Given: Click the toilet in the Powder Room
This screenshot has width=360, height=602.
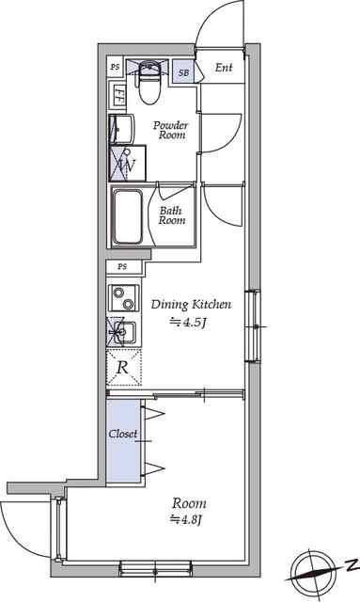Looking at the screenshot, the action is tap(149, 83).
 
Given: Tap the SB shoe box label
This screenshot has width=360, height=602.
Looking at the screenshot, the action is tap(183, 71).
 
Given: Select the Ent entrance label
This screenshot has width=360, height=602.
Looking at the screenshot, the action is tap(224, 68).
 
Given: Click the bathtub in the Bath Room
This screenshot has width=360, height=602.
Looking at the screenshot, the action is tap(128, 217).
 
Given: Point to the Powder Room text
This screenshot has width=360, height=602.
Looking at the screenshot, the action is tap(171, 130).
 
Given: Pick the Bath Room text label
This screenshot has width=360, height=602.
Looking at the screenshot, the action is tap(172, 215).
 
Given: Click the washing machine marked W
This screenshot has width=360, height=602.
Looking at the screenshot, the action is tap(128, 163).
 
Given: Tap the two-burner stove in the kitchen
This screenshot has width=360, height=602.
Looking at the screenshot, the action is tap(123, 297).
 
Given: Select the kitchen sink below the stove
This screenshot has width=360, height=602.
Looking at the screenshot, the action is tap(124, 331).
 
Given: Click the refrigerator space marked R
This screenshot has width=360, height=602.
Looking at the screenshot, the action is tap(124, 368).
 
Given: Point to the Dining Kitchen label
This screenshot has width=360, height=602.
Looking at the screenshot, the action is tap(191, 305).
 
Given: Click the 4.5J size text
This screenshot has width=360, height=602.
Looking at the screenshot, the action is tap(188, 322).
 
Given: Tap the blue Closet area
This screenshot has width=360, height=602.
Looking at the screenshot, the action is tap(123, 441).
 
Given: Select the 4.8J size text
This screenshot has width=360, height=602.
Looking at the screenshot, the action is tap(186, 520).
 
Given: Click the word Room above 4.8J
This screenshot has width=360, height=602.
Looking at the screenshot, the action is tap(189, 503).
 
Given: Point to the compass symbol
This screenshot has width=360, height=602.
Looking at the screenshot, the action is tap(311, 572).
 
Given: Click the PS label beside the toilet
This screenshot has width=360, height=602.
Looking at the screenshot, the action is tap(115, 67).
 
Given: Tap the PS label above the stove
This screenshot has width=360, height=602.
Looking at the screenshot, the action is tap(122, 266).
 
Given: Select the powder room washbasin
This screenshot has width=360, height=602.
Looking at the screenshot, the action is tap(121, 129).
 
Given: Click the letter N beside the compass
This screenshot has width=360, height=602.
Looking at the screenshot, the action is tap(349, 564).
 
